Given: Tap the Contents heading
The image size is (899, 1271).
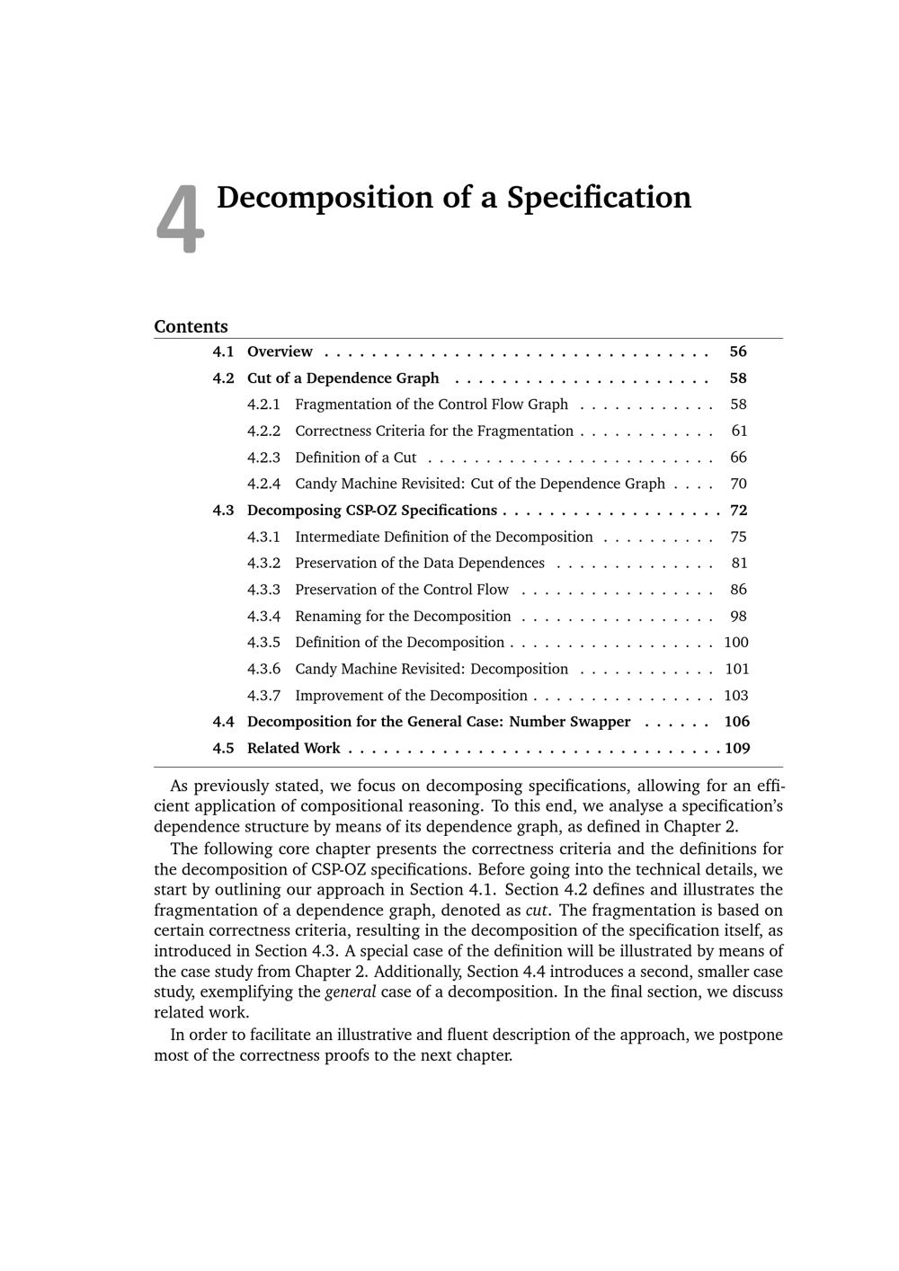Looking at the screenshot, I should (x=191, y=326).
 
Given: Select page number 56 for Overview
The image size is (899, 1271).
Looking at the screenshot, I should (x=738, y=351).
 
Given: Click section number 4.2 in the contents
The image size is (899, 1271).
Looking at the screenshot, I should (x=223, y=378).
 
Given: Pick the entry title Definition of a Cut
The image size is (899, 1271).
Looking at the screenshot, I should (x=355, y=458).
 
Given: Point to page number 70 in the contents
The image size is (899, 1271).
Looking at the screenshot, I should (x=738, y=484).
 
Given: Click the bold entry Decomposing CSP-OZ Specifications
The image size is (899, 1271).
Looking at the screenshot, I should (x=371, y=511).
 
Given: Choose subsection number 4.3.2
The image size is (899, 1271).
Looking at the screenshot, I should (x=263, y=564).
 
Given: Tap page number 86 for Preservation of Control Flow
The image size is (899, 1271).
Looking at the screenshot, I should (x=738, y=590).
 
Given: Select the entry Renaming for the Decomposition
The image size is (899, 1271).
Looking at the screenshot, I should (x=403, y=617).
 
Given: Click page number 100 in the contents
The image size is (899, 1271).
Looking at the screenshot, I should (x=735, y=643).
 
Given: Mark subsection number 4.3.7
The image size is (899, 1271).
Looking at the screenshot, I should (x=263, y=696).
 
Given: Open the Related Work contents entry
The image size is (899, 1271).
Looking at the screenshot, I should (x=293, y=749).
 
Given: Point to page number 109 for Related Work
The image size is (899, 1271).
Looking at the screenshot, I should (x=737, y=749).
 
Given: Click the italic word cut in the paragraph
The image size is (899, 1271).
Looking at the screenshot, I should (x=537, y=911).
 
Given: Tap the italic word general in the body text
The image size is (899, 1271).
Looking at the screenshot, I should (x=350, y=992).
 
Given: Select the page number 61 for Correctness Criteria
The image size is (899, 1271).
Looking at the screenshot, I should (x=739, y=431).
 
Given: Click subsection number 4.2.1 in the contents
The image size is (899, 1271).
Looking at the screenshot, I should (x=263, y=404).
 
